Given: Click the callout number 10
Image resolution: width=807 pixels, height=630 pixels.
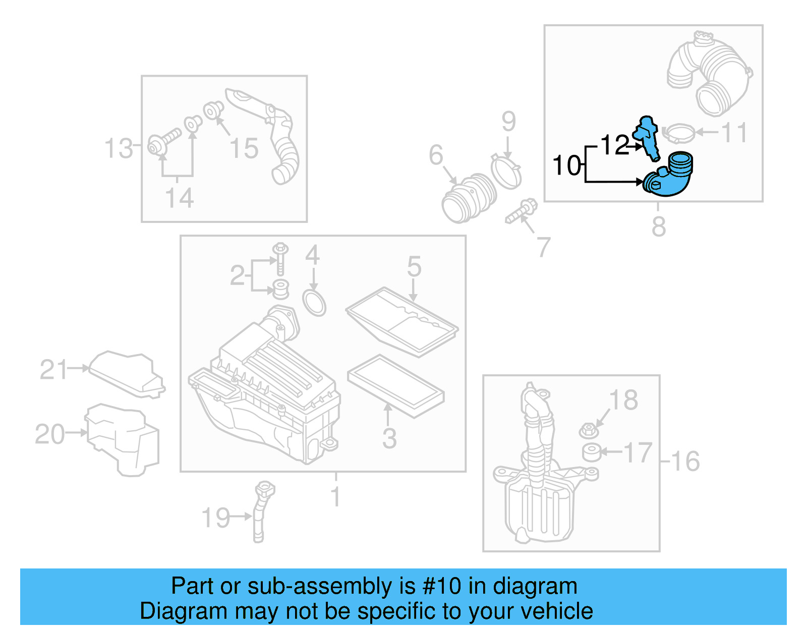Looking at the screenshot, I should point(567,166).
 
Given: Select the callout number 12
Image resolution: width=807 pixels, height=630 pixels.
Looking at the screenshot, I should point(615,145).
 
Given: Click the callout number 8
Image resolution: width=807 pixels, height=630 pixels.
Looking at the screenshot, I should point(658,226).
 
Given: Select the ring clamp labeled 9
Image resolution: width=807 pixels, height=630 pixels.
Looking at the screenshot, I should point(506,171).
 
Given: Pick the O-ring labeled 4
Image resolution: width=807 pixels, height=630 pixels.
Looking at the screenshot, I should point(314,302).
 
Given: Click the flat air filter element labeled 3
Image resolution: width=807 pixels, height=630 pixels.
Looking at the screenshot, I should point(395,386).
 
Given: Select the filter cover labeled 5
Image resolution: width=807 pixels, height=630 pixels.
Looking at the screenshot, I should point(402,321).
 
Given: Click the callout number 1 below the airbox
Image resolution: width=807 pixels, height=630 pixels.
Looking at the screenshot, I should point(335,497).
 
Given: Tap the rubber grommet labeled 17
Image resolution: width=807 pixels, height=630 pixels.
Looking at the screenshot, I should point(592,452).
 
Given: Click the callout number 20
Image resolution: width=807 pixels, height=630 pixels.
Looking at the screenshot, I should point(49,434).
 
